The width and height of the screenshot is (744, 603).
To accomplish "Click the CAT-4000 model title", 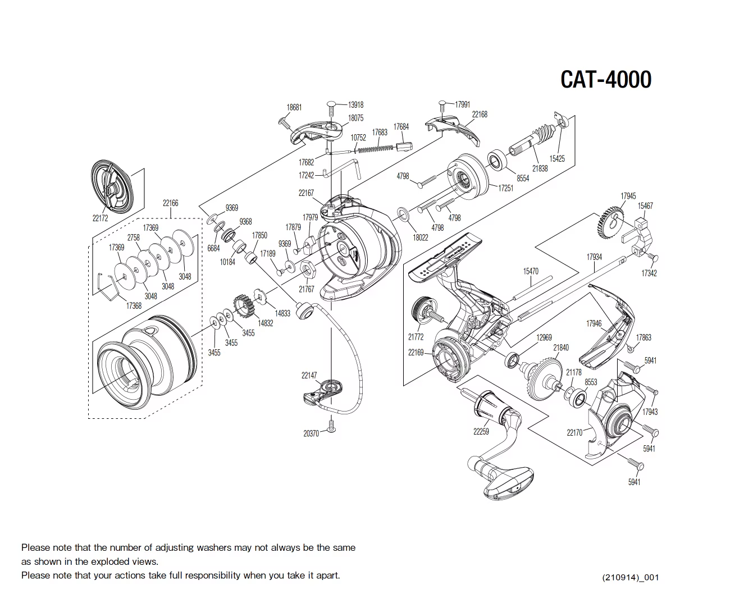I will point(606,79).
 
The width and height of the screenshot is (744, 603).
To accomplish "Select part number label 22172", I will point(100,218).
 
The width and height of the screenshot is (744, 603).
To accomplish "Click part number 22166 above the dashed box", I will point(170,203).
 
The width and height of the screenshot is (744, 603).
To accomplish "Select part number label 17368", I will point(134,306).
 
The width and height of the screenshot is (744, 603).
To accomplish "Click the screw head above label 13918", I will point(331,104).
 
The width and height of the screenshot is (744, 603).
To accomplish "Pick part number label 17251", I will point(505,188).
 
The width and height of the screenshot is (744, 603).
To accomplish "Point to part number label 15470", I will point(531,271).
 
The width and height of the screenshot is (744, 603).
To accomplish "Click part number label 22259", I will point(481,432).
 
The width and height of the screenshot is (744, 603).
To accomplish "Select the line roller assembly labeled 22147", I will point(322,392).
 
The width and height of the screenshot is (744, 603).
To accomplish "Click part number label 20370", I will point(311,433).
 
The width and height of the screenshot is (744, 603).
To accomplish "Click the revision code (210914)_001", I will point(629,578).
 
